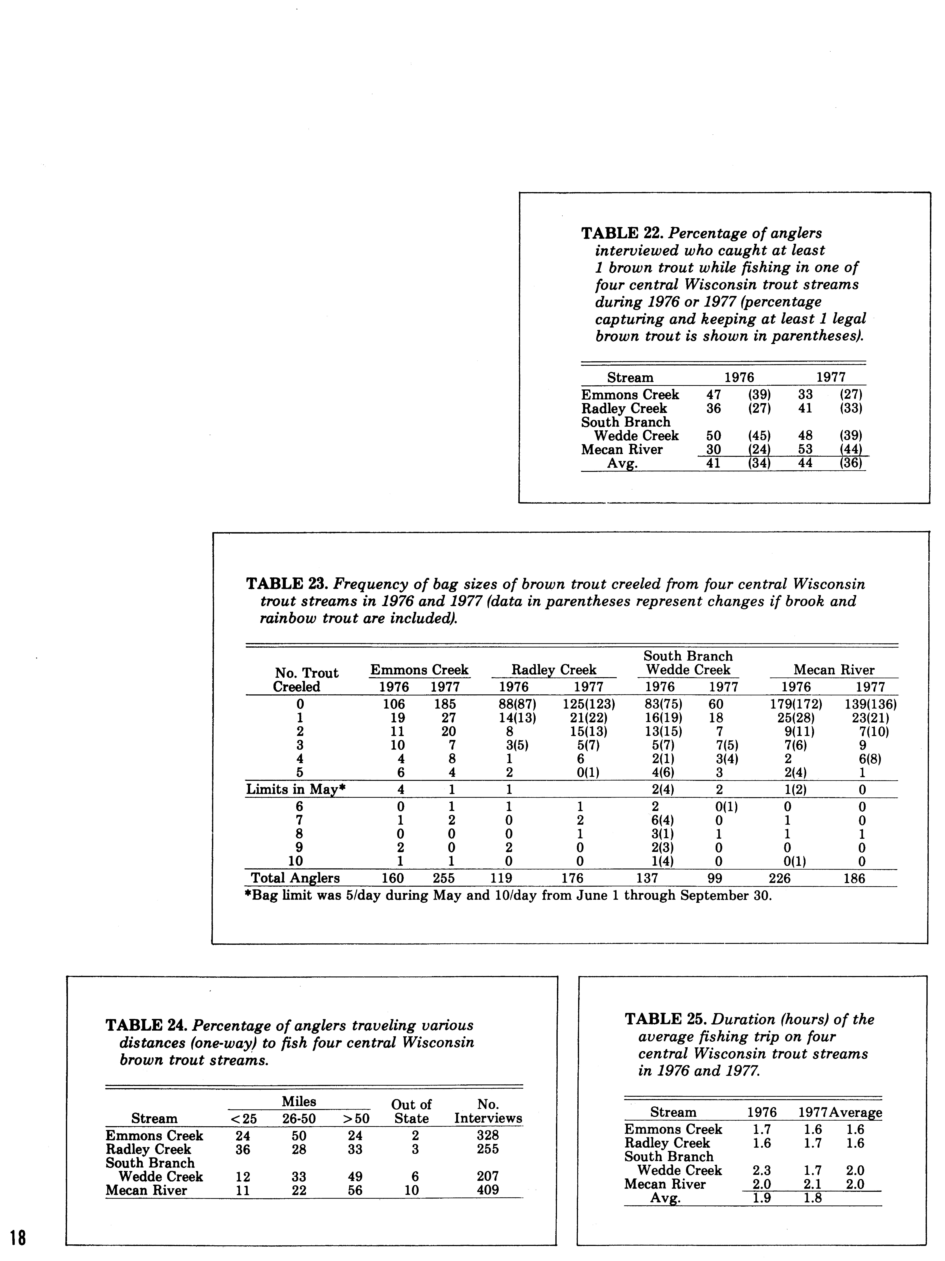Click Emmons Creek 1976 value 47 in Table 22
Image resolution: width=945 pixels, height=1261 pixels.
(x=714, y=394)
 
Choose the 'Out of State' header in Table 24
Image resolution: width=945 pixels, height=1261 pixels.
(x=411, y=1111)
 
